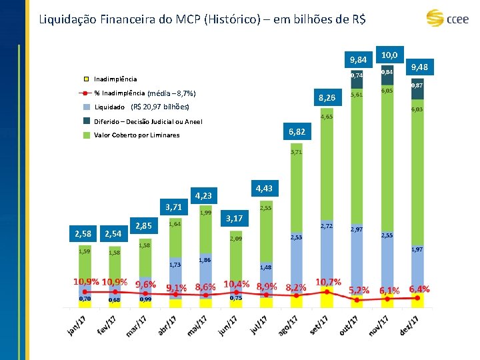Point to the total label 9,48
click(x=419, y=67)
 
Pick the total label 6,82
click(x=297, y=133)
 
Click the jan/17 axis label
click(x=77, y=325)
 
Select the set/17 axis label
click(x=320, y=325)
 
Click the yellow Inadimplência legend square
click(x=87, y=79)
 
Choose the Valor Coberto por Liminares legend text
click(x=137, y=135)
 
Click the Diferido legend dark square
click(x=87, y=121)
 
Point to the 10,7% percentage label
click(x=329, y=283)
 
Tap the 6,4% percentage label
click(x=419, y=289)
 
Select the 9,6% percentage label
click(x=145, y=285)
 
